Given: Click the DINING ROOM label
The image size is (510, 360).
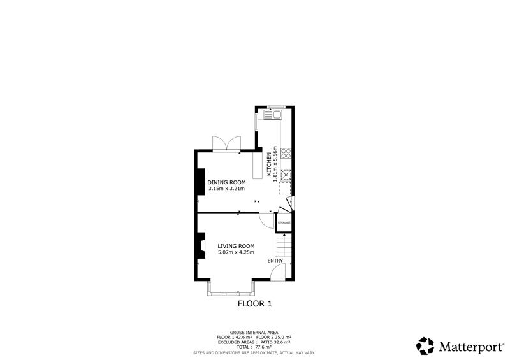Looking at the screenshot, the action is coord(226,182).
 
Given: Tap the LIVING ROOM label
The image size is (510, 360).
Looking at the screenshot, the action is coord(236,246).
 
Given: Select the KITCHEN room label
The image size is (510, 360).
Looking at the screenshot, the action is coord(269,164).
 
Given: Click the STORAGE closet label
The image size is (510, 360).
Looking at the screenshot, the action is coord(284,222).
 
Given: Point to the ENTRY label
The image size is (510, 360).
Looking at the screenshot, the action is coord(275,261).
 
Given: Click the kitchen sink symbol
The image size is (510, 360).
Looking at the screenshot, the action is coord(273,115).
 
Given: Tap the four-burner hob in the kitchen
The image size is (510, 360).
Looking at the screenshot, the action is coord(286,153).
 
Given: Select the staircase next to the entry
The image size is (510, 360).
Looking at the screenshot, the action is coord(284,245).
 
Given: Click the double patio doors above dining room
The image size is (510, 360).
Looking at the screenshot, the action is coord(227,144).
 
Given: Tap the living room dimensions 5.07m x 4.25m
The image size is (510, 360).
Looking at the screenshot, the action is coord(236,252).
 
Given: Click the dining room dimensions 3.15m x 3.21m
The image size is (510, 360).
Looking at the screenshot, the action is coord(226,189).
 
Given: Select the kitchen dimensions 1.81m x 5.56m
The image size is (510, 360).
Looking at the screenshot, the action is coord(275,164).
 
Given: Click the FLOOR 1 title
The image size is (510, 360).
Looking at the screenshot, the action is coord(254,304).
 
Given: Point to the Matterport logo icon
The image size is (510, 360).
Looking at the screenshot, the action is coord(425,346).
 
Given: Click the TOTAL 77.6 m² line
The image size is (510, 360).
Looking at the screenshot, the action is coord(254,347).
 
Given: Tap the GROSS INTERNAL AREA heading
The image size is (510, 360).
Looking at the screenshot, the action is coord(254,333).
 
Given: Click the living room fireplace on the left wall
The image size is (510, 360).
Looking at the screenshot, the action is coord(201,245).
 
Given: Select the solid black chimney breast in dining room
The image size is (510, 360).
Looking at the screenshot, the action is coord(201,182).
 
